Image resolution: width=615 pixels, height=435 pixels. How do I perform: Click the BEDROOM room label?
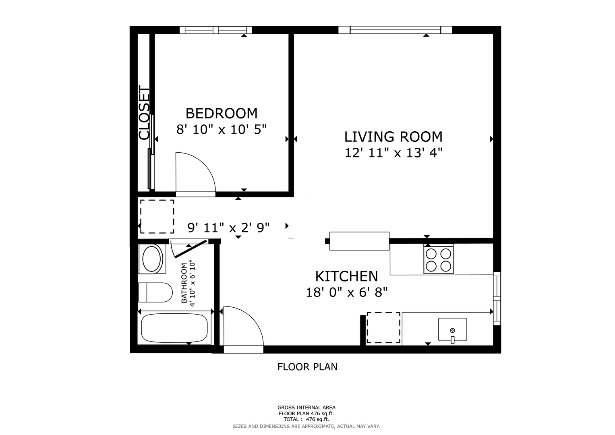tap(222, 114)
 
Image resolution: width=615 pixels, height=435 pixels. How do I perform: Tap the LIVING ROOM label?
tap(393, 137)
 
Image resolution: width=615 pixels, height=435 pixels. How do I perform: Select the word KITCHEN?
tap(346, 276)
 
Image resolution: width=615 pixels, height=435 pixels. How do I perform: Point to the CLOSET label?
tap(144, 113)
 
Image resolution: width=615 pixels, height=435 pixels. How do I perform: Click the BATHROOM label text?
tap(184, 283)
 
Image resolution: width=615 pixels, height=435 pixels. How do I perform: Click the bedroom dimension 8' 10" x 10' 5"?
tap(222, 129)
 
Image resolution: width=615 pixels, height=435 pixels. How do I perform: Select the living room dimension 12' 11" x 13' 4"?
tap(393, 153)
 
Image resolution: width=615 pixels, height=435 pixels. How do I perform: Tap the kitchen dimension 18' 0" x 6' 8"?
tap(346, 292)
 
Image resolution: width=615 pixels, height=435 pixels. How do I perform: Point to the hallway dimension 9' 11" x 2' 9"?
tap(228, 228)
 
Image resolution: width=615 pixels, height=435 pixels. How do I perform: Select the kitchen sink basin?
tap(452, 329)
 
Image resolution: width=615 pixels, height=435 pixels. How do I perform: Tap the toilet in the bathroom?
tap(155, 292)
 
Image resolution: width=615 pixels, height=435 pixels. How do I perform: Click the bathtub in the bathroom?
tap(175, 328)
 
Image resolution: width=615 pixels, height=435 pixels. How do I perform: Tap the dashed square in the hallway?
tap(157, 217)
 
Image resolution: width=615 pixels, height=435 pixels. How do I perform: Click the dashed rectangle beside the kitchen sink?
tap(383, 327)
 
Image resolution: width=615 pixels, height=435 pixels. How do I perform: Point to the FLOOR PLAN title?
tap(307, 367)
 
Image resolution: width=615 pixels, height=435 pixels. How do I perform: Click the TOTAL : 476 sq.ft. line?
tap(306, 419)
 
